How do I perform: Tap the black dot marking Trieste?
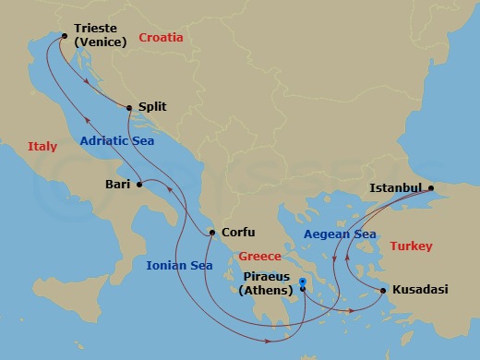(x=64, y=37)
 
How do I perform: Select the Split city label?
(x=151, y=106)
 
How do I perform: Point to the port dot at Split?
(x=129, y=107)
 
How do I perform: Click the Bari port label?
(x=116, y=185)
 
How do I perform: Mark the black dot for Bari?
(x=139, y=185)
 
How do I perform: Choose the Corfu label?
(x=238, y=233)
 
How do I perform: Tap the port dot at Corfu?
(x=213, y=233)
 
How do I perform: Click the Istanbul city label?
(x=395, y=187)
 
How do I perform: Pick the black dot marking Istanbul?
(x=430, y=187)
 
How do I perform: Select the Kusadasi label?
(x=420, y=289)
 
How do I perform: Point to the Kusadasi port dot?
(x=383, y=291)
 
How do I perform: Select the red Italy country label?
(x=42, y=147)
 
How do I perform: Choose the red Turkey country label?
(x=411, y=246)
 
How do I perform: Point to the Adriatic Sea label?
(x=115, y=142)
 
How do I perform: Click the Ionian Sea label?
(x=179, y=265)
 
